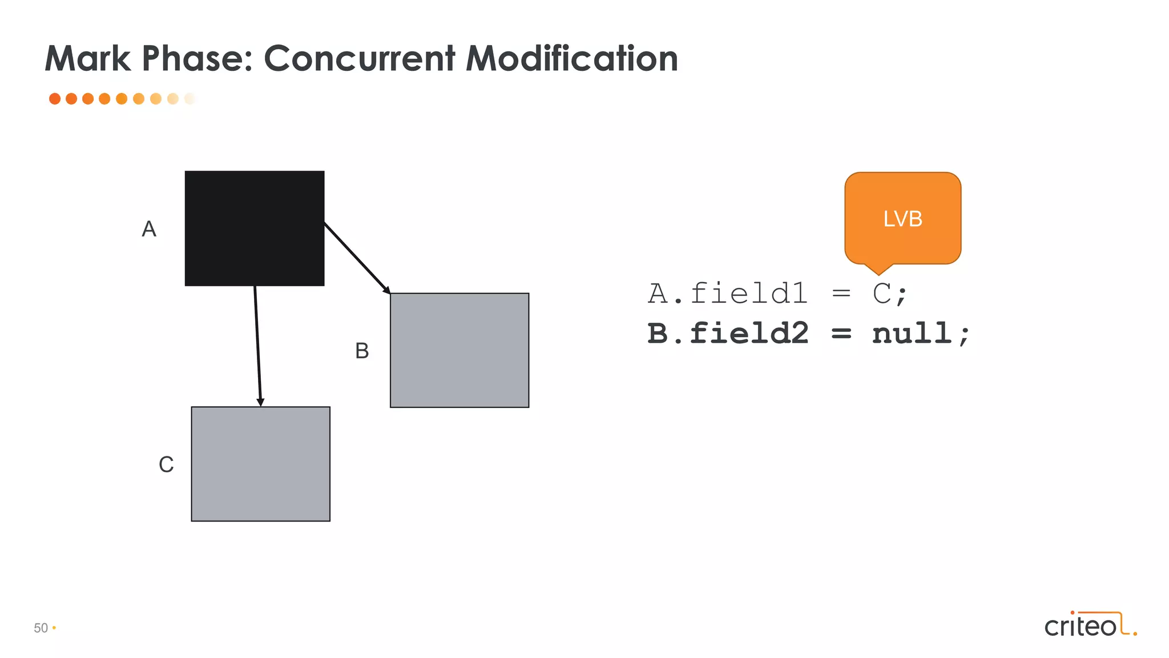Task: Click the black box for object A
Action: point(255,228)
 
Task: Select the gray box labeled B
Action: point(459,350)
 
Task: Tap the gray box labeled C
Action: point(260,464)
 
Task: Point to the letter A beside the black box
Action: point(149,229)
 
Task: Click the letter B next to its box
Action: point(362,351)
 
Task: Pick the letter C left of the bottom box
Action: point(166,464)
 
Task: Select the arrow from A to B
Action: point(357,258)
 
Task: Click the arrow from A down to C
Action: point(257,346)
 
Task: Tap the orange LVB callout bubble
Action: point(902,219)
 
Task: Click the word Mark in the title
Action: point(88,58)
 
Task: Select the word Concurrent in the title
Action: point(360,58)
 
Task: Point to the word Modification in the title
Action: point(572,58)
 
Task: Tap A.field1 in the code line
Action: point(728,294)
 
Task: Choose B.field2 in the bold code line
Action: point(728,333)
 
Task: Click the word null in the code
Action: point(912,333)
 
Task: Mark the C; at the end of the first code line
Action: point(889,294)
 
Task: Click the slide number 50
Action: point(41,628)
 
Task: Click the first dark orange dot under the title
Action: point(55,99)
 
